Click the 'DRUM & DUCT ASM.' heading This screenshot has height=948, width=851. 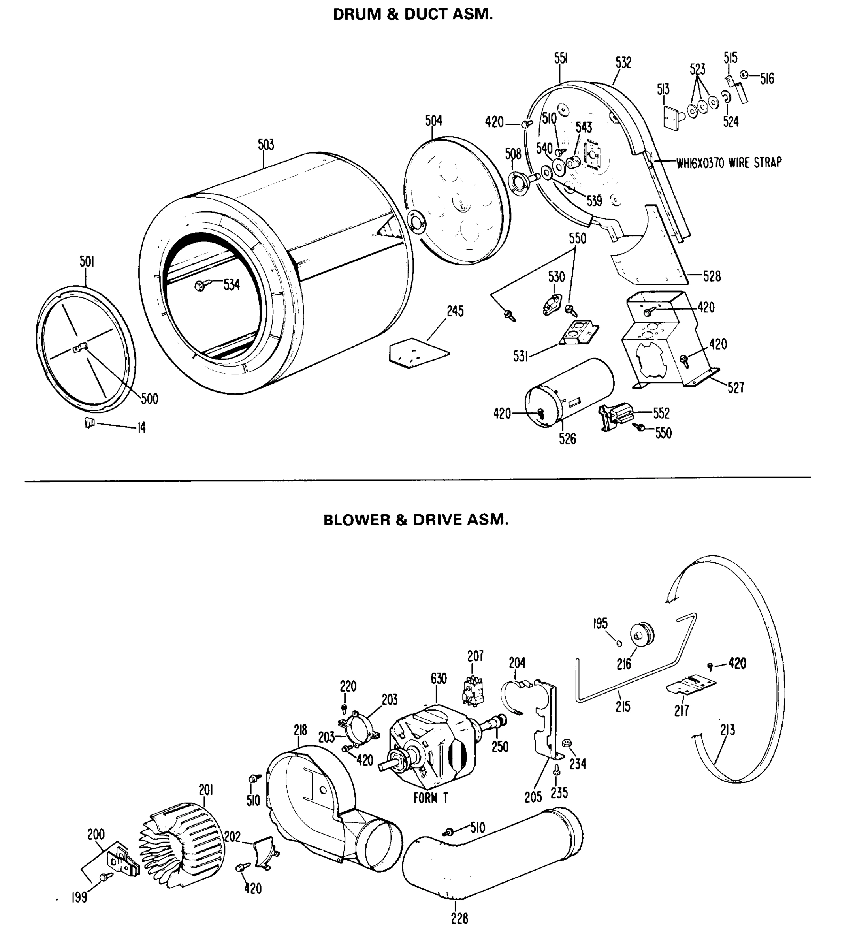[x=412, y=15]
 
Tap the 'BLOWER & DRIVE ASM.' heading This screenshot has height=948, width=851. [x=416, y=520]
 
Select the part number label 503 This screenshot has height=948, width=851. [x=265, y=145]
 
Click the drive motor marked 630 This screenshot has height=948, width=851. [x=433, y=747]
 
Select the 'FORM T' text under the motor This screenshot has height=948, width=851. [x=431, y=798]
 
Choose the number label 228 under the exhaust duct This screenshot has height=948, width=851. [x=459, y=918]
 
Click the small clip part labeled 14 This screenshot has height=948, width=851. [x=89, y=423]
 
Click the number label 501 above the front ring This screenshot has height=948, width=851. [x=87, y=262]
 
